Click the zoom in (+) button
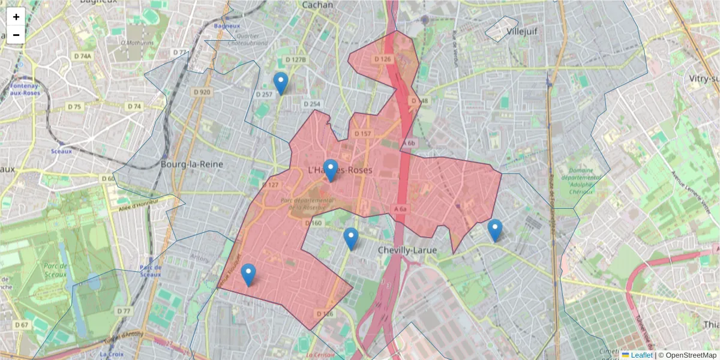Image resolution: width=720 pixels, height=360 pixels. (16, 17)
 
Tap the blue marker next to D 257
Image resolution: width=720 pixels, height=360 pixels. (280, 83)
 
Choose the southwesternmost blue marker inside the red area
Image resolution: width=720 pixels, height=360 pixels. (248, 275)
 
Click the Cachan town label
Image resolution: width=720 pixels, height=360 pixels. (317, 5)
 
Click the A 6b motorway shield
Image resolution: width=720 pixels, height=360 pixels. (409, 143)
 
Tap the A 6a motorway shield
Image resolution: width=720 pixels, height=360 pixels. (401, 208)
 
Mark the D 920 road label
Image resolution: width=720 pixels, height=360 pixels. (202, 92)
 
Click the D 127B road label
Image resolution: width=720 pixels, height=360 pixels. (295, 60)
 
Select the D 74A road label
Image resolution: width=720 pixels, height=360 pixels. (83, 56)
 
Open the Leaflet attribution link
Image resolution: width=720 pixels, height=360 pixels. (641, 355)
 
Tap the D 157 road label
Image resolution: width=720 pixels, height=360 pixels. (362, 133)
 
